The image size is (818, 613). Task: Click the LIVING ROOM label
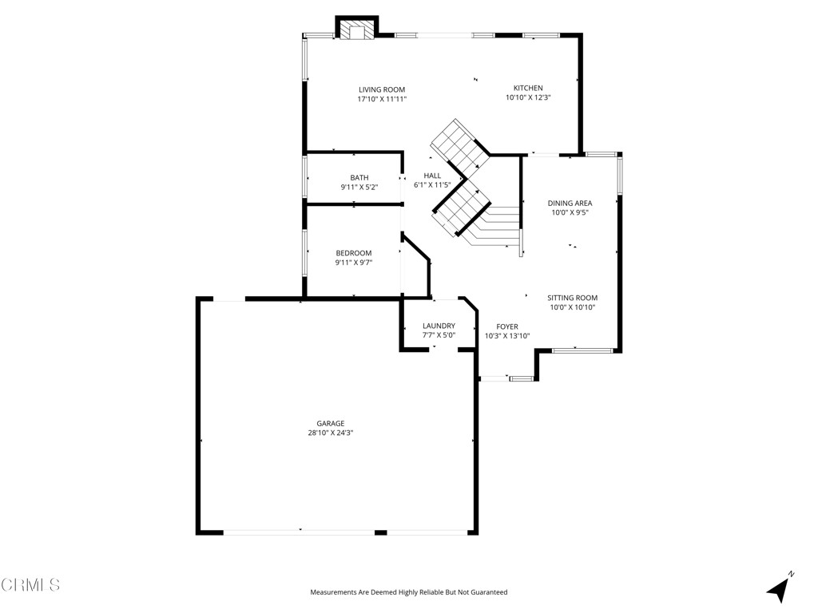tap(381, 89)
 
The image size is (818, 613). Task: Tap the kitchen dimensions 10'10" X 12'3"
tap(528, 97)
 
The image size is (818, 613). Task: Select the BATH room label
tap(359, 178)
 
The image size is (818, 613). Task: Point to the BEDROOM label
tap(353, 253)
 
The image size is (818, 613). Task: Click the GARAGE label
tap(330, 424)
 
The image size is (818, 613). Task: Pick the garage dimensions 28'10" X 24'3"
tap(330, 433)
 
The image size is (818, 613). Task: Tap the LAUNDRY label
tap(439, 326)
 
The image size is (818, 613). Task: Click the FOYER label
tap(507, 326)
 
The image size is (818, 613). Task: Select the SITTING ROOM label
tap(572, 298)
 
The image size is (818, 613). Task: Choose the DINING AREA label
tap(570, 204)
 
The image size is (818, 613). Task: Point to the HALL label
tap(432, 176)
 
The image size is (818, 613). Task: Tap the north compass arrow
tap(780, 588)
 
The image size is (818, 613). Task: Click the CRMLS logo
tap(30, 585)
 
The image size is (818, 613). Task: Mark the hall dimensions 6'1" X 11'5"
tap(432, 185)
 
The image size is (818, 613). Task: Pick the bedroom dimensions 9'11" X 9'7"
tap(353, 263)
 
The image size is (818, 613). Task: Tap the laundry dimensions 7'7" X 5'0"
tap(439, 335)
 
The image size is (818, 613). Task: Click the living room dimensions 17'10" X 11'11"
tap(381, 99)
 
